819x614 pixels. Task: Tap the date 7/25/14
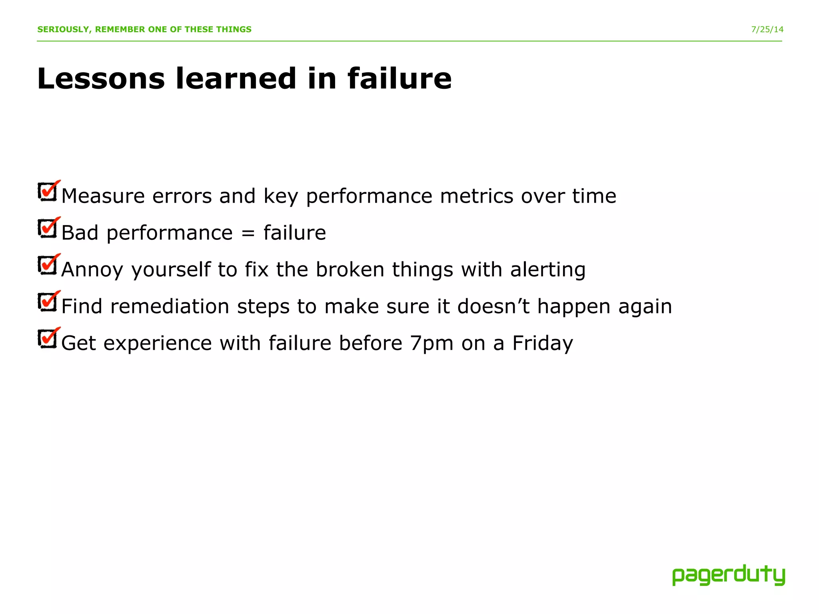coord(767,30)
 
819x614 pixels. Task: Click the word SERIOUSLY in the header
coord(63,30)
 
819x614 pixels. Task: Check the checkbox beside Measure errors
coord(48,192)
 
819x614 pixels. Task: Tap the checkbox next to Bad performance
coord(48,229)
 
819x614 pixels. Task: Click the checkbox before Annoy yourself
coord(48,265)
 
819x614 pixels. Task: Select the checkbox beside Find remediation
coord(48,302)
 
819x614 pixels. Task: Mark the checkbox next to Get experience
coord(48,339)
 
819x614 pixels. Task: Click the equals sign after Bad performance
coord(248,233)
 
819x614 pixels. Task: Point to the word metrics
coord(476,196)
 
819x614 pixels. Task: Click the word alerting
coord(547,270)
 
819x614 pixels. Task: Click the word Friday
coord(543,344)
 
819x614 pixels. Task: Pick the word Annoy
coord(92,270)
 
